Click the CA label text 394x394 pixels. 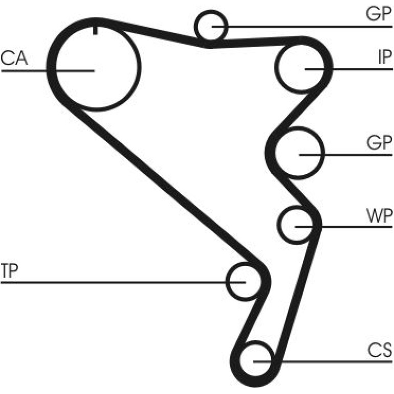14,58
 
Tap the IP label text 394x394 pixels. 385,57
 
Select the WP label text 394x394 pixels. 380,215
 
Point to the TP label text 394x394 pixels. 10,271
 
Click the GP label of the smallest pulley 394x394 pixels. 379,14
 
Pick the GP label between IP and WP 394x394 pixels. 380,142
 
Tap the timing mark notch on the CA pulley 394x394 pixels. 95,30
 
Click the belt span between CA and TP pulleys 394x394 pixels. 165,185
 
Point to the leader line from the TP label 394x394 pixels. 123,282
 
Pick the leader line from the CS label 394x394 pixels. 323,362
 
